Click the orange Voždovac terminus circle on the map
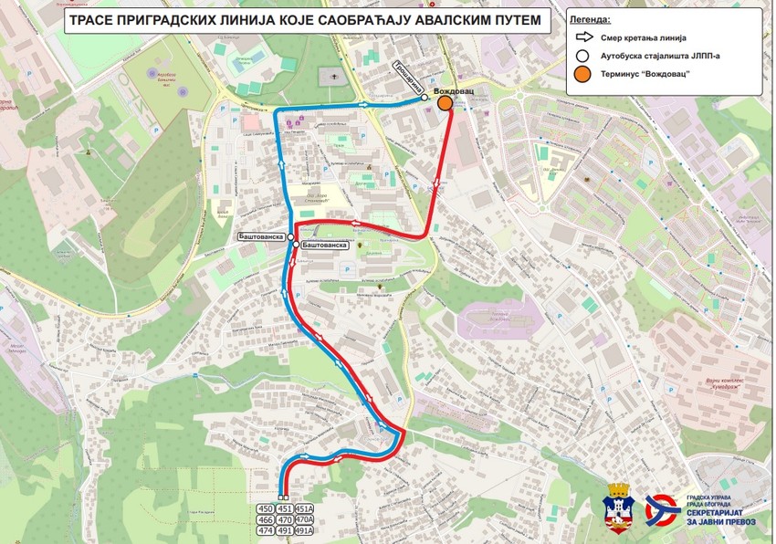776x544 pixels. pyautogui.click(x=445, y=104)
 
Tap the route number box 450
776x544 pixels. pyautogui.click(x=266, y=509)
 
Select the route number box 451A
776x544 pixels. pyautogui.click(x=304, y=509)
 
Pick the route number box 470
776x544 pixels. pyautogui.click(x=284, y=519)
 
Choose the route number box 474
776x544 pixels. pyautogui.click(x=266, y=529)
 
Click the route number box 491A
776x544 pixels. pyautogui.click(x=304, y=529)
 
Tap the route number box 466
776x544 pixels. pyautogui.click(x=266, y=519)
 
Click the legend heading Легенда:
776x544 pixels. pyautogui.click(x=591, y=18)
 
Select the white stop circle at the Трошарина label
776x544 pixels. pyautogui.click(x=425, y=98)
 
